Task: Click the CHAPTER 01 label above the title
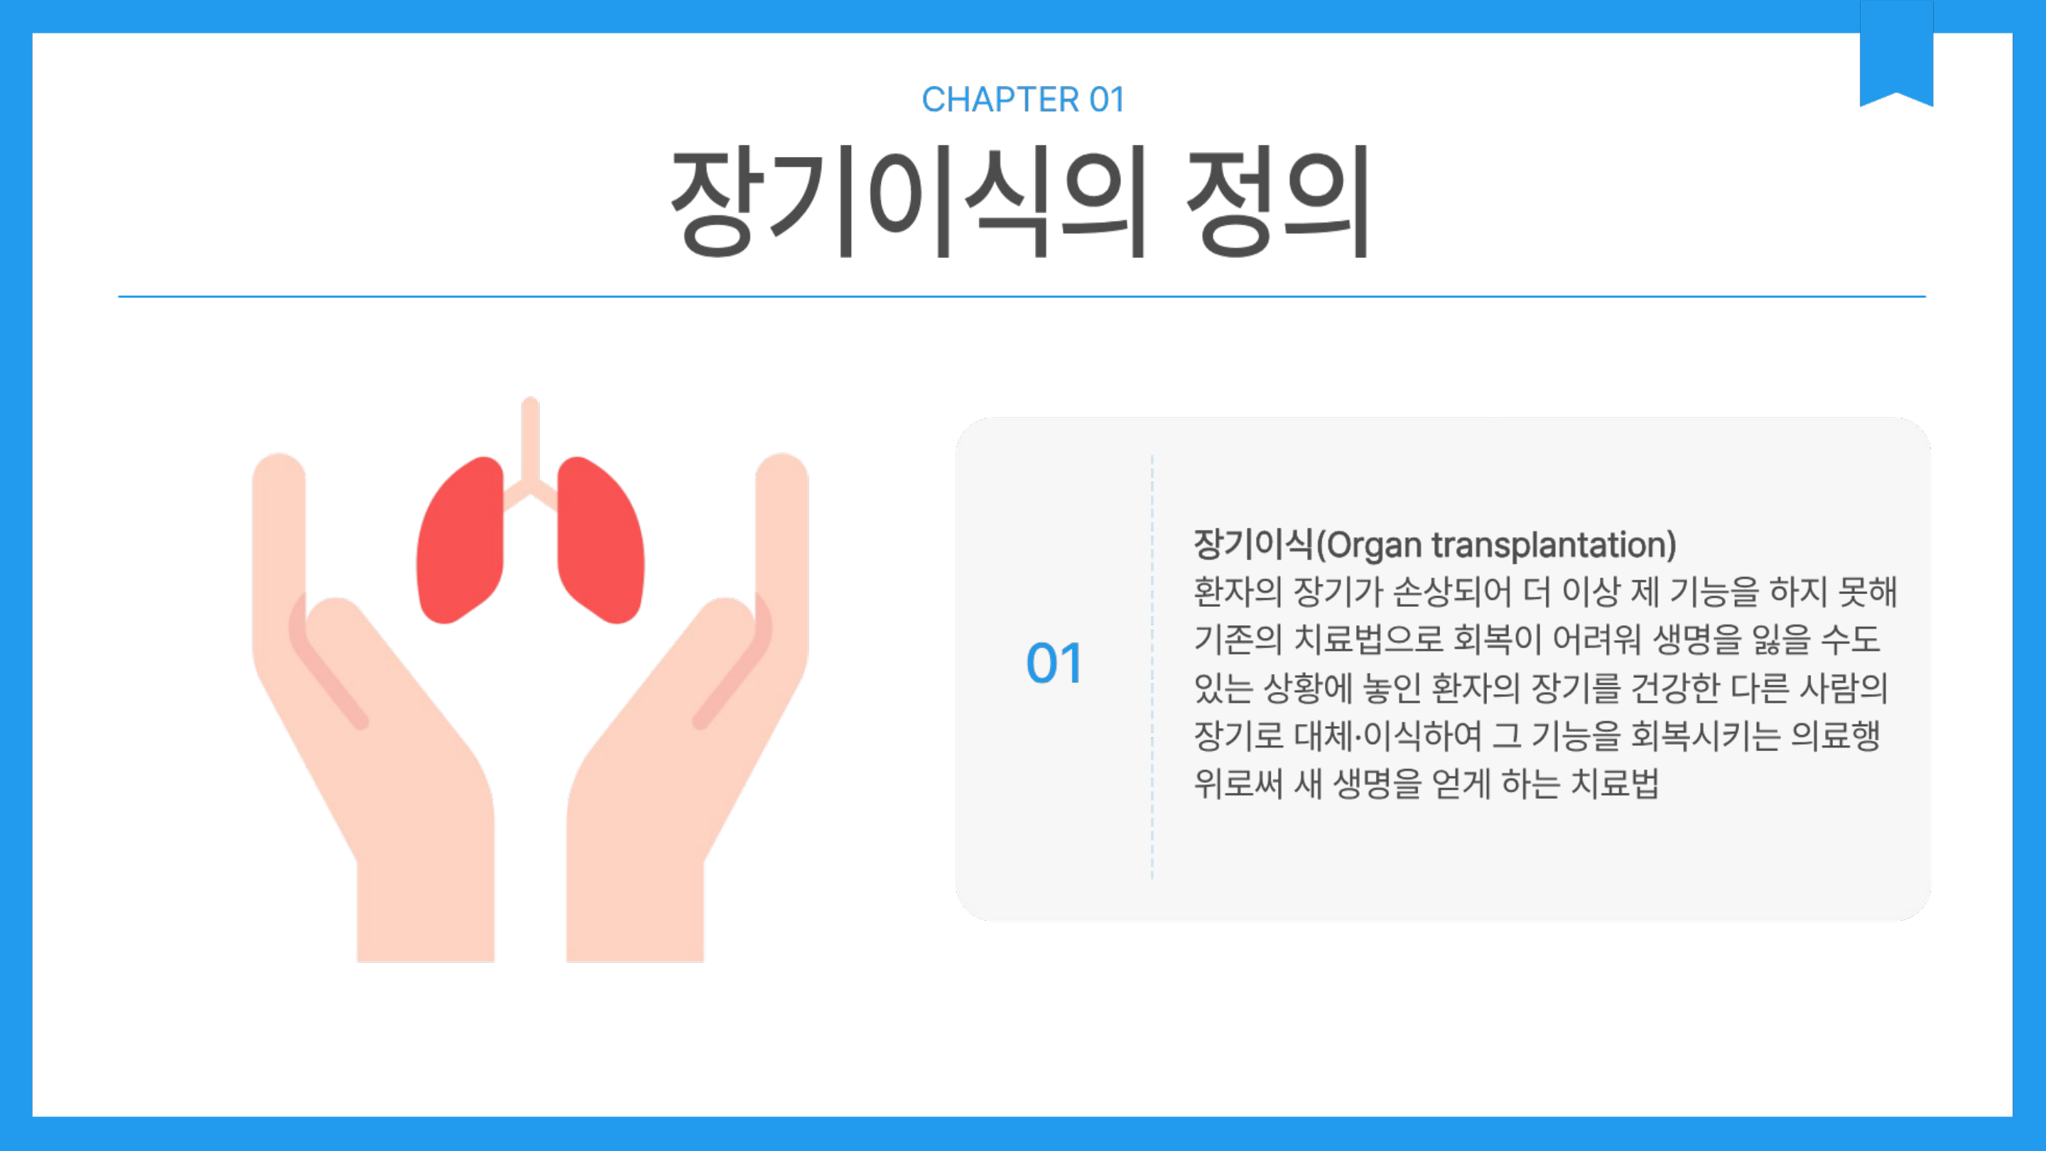pyautogui.click(x=1023, y=100)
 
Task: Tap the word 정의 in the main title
pyautogui.click(x=1278, y=202)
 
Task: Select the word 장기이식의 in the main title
pyautogui.click(x=908, y=202)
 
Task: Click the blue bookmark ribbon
pyautogui.click(x=1896, y=53)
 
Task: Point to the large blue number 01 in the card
pyautogui.click(x=1054, y=664)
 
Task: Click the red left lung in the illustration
pyautogui.click(x=460, y=540)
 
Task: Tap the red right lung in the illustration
pyautogui.click(x=600, y=540)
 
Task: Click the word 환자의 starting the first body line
pyautogui.click(x=1238, y=592)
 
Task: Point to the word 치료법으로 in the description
pyautogui.click(x=1368, y=639)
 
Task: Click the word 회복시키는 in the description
pyautogui.click(x=1704, y=735)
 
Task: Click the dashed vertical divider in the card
pyautogui.click(x=1152, y=667)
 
